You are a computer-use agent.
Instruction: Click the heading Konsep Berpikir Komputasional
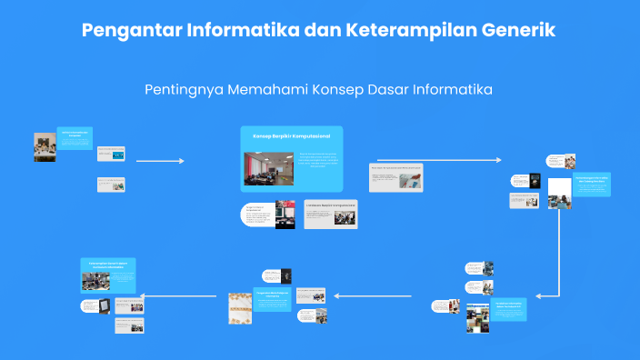(285, 136)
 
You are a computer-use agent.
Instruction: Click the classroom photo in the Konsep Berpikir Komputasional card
(268, 167)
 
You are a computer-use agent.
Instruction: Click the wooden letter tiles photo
(239, 308)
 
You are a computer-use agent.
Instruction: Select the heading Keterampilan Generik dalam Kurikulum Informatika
(108, 265)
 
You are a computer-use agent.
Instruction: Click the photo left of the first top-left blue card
(45, 146)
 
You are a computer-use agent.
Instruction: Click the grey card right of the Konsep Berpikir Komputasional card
(396, 177)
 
